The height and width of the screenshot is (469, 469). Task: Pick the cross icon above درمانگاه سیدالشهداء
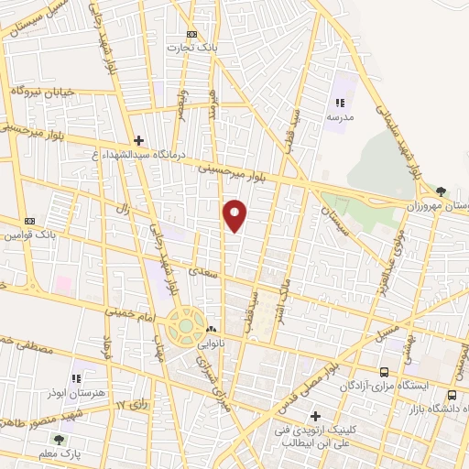(138, 140)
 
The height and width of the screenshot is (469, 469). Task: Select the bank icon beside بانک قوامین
(29, 221)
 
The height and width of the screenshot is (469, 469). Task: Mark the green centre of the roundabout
(186, 324)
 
